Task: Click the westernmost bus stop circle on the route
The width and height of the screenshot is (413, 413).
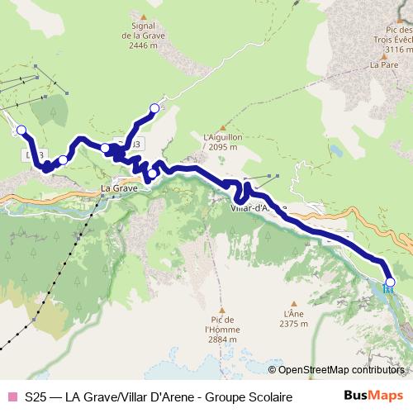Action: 21,130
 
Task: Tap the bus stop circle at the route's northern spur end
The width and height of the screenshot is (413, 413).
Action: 154,108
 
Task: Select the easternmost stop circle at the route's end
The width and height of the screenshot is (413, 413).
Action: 390,282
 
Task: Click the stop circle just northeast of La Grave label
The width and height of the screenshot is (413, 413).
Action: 152,173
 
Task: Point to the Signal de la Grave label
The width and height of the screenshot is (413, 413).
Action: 145,36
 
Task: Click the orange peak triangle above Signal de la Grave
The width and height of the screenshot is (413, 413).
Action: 145,17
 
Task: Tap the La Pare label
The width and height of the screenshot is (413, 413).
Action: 383,64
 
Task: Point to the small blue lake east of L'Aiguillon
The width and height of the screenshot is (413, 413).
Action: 336,152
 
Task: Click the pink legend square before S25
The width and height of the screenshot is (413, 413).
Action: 12,397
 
